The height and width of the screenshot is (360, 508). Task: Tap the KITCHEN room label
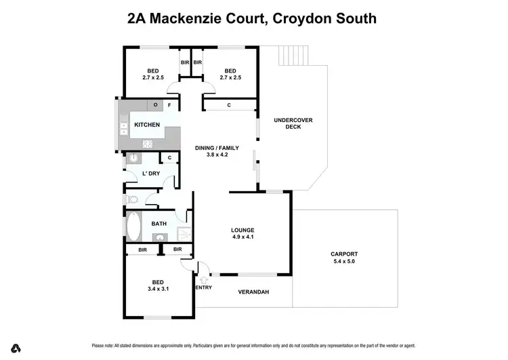[147, 125]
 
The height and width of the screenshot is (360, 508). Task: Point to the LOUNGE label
[242, 231]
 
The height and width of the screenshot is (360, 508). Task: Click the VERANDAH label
[254, 292]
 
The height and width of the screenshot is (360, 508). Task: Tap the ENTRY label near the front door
[203, 287]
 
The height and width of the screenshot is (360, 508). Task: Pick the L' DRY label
[150, 174]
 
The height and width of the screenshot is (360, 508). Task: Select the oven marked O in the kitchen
[156, 105]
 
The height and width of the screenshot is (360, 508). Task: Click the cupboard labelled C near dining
[229, 105]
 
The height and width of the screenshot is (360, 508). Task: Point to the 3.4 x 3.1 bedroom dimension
[157, 289]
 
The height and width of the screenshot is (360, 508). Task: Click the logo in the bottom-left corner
[16, 348]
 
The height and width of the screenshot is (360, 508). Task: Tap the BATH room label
[158, 224]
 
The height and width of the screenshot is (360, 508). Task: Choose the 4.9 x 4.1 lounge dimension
[242, 237]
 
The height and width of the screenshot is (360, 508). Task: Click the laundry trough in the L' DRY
[133, 159]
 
